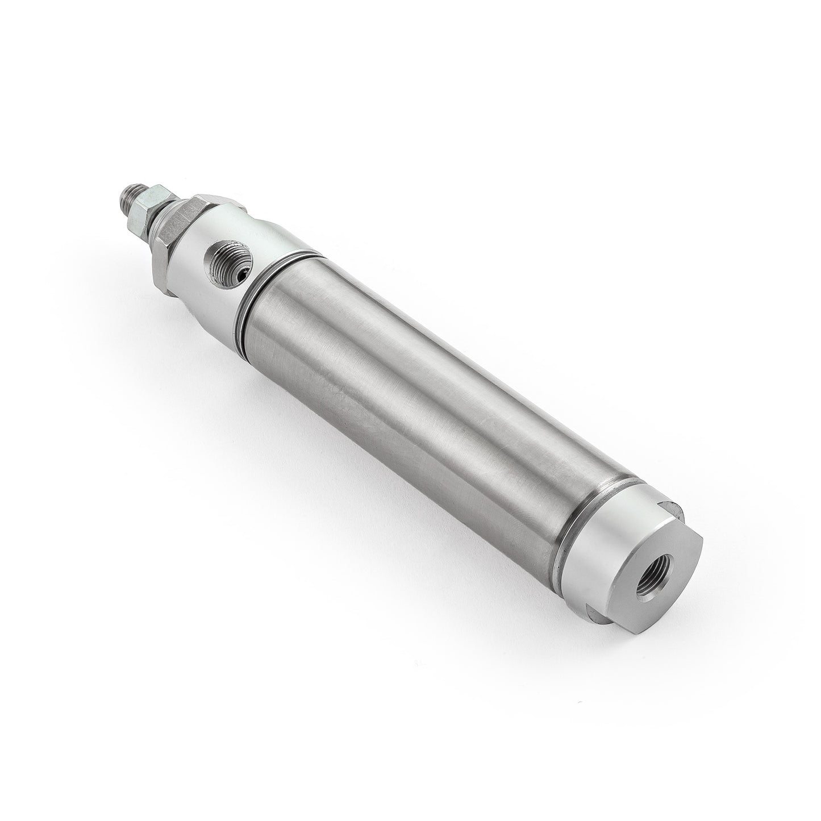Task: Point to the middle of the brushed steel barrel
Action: coord(432,398)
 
